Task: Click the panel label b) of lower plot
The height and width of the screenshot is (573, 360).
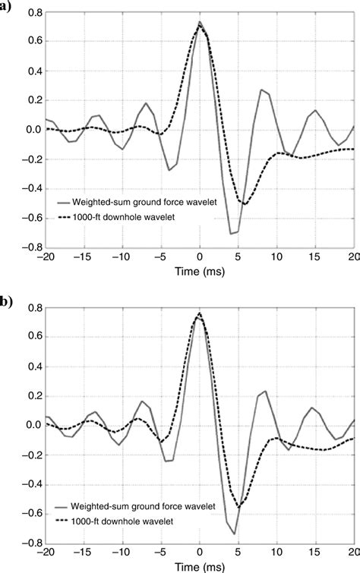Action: point(5,300)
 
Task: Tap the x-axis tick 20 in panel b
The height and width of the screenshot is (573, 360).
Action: point(353,553)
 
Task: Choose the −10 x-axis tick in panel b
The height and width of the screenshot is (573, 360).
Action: point(122,553)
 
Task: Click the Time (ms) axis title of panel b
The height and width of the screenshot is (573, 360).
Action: point(200,567)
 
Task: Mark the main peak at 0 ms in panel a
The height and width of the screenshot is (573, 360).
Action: point(199,23)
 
